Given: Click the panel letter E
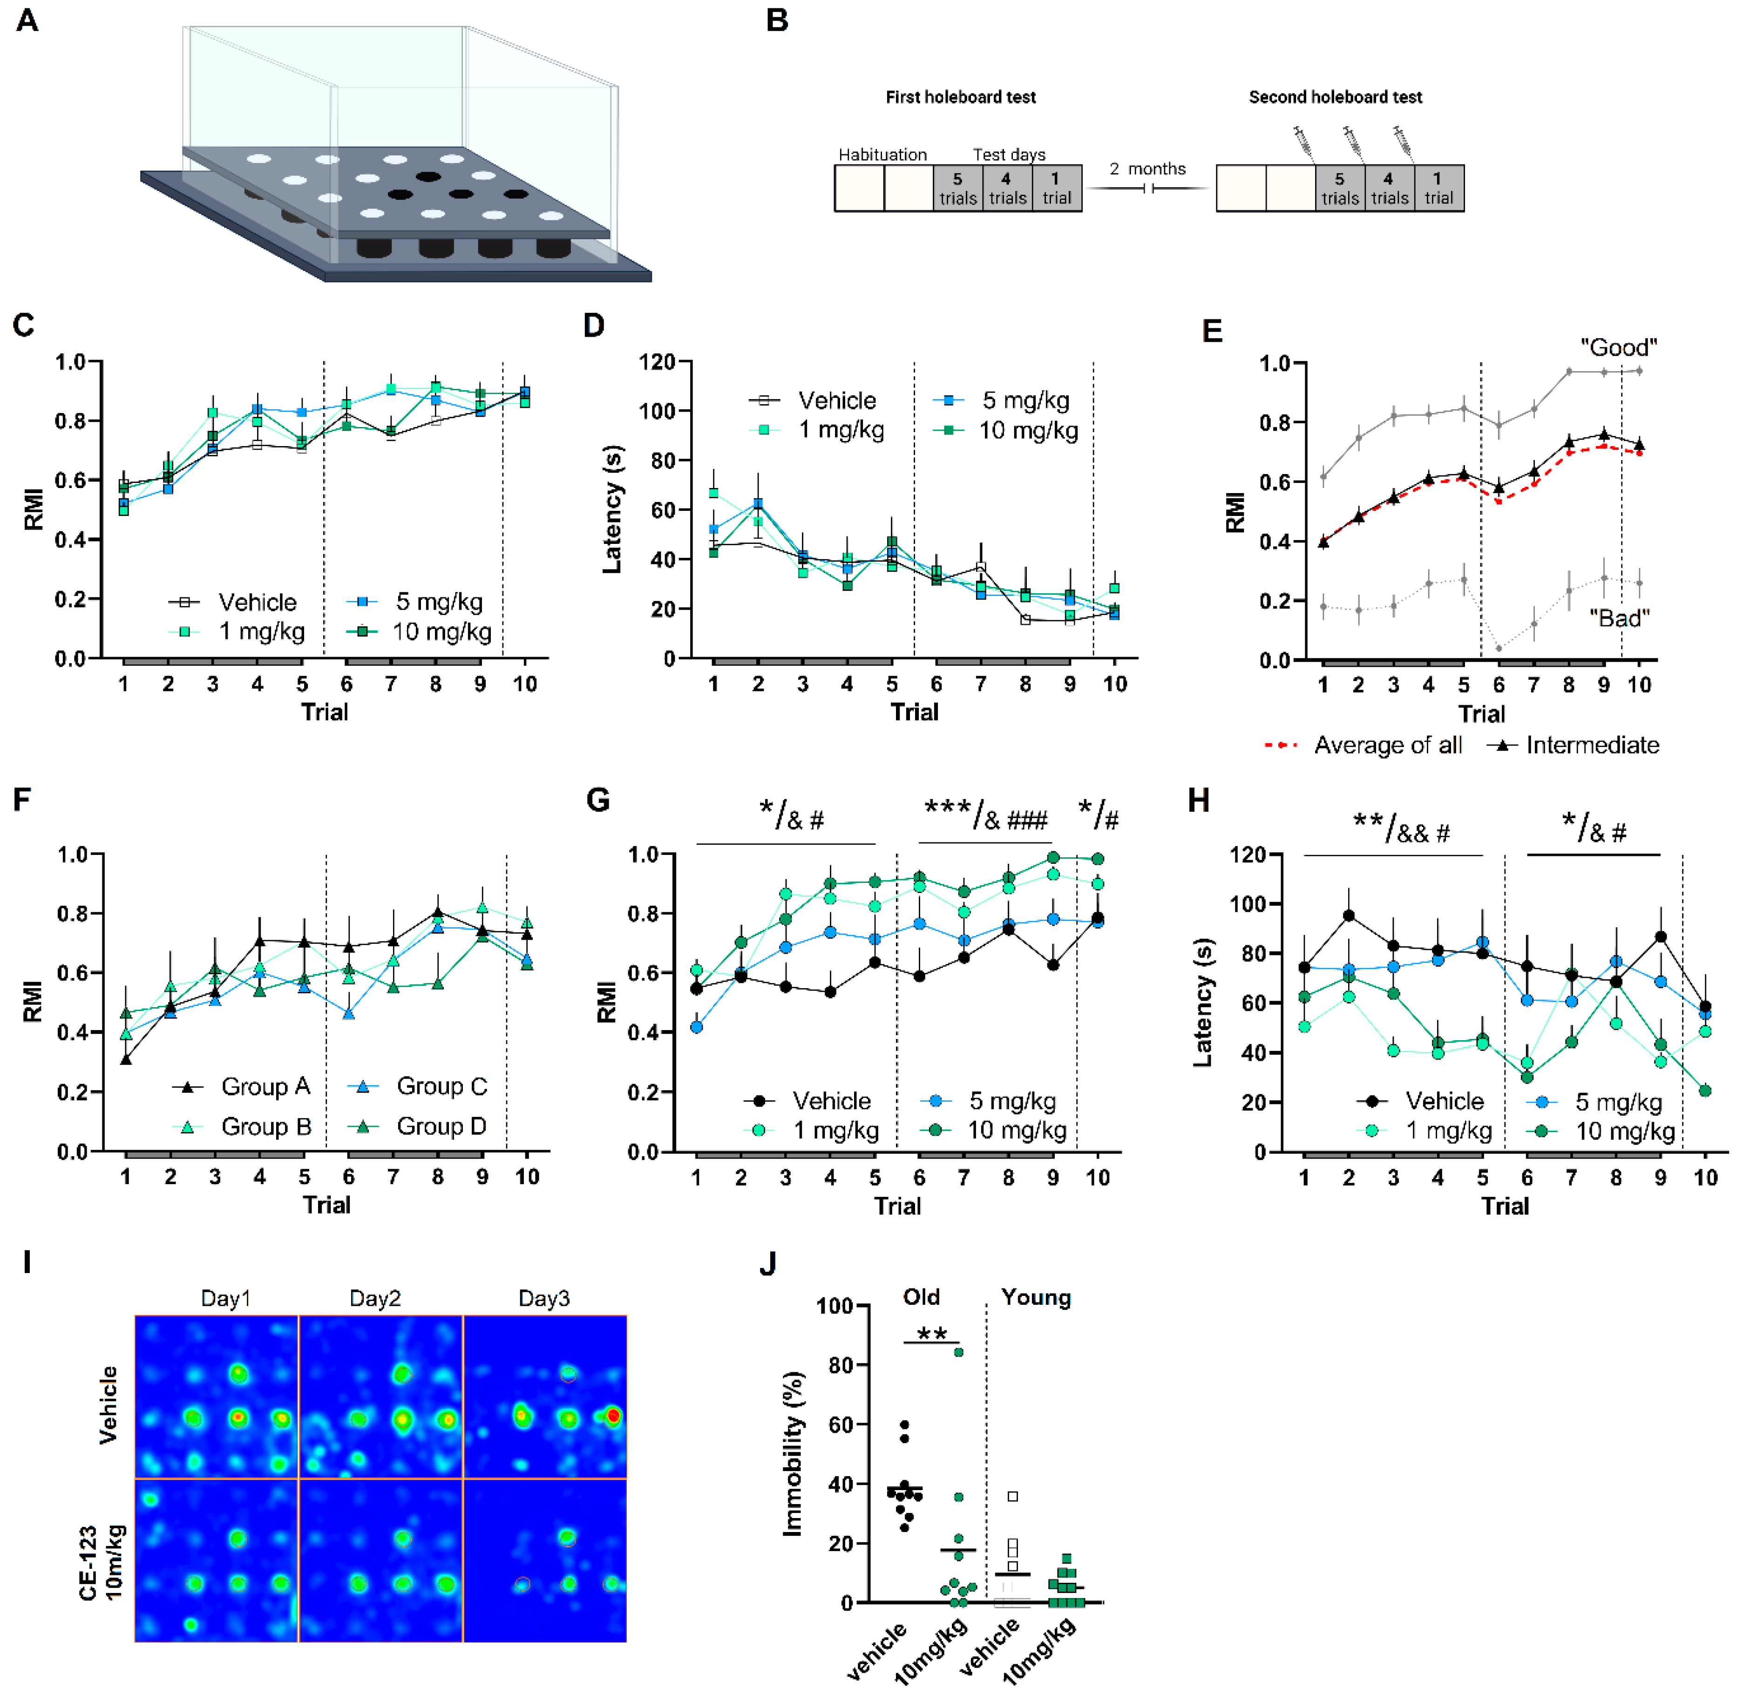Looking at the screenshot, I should click(x=1212, y=331).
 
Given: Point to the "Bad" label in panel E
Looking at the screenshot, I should click(x=1619, y=618).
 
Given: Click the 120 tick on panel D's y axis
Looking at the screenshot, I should click(x=657, y=361).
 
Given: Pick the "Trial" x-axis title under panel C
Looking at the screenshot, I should click(x=324, y=712).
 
